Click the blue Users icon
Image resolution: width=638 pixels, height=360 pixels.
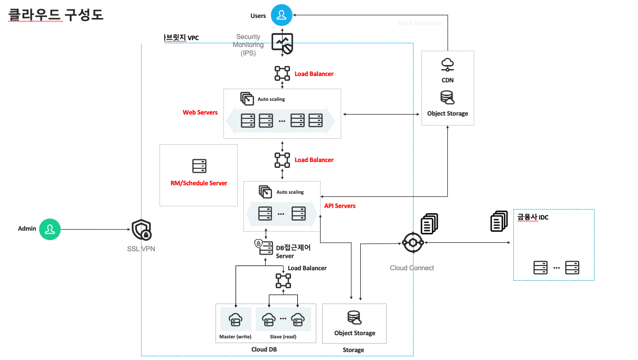(x=282, y=15)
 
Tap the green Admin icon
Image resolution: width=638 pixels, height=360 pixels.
(x=50, y=229)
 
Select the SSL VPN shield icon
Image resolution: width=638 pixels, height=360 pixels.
(x=141, y=230)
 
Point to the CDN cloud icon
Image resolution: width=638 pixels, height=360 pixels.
(x=447, y=64)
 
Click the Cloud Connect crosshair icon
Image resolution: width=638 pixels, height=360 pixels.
(x=412, y=243)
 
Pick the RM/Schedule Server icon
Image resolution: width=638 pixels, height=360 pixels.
(x=199, y=166)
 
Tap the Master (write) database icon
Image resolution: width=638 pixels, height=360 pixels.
(x=235, y=319)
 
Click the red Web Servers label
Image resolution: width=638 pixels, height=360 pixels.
(x=200, y=112)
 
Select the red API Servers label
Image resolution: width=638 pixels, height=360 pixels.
(x=340, y=206)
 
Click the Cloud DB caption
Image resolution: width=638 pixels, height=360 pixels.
(x=264, y=349)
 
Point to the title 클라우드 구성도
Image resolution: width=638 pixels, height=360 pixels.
(x=56, y=14)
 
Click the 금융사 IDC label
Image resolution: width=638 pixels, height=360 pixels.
(x=532, y=217)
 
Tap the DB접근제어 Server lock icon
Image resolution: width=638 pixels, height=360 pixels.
(x=259, y=243)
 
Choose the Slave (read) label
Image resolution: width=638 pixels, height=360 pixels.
(x=283, y=337)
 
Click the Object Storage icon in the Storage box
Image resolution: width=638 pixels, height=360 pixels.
(x=354, y=318)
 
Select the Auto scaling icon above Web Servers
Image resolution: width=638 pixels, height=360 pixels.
(x=247, y=98)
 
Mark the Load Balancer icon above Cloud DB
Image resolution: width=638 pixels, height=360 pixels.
(x=283, y=281)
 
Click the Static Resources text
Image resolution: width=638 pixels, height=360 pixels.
(x=419, y=23)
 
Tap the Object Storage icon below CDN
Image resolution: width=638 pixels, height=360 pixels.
(x=447, y=98)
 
